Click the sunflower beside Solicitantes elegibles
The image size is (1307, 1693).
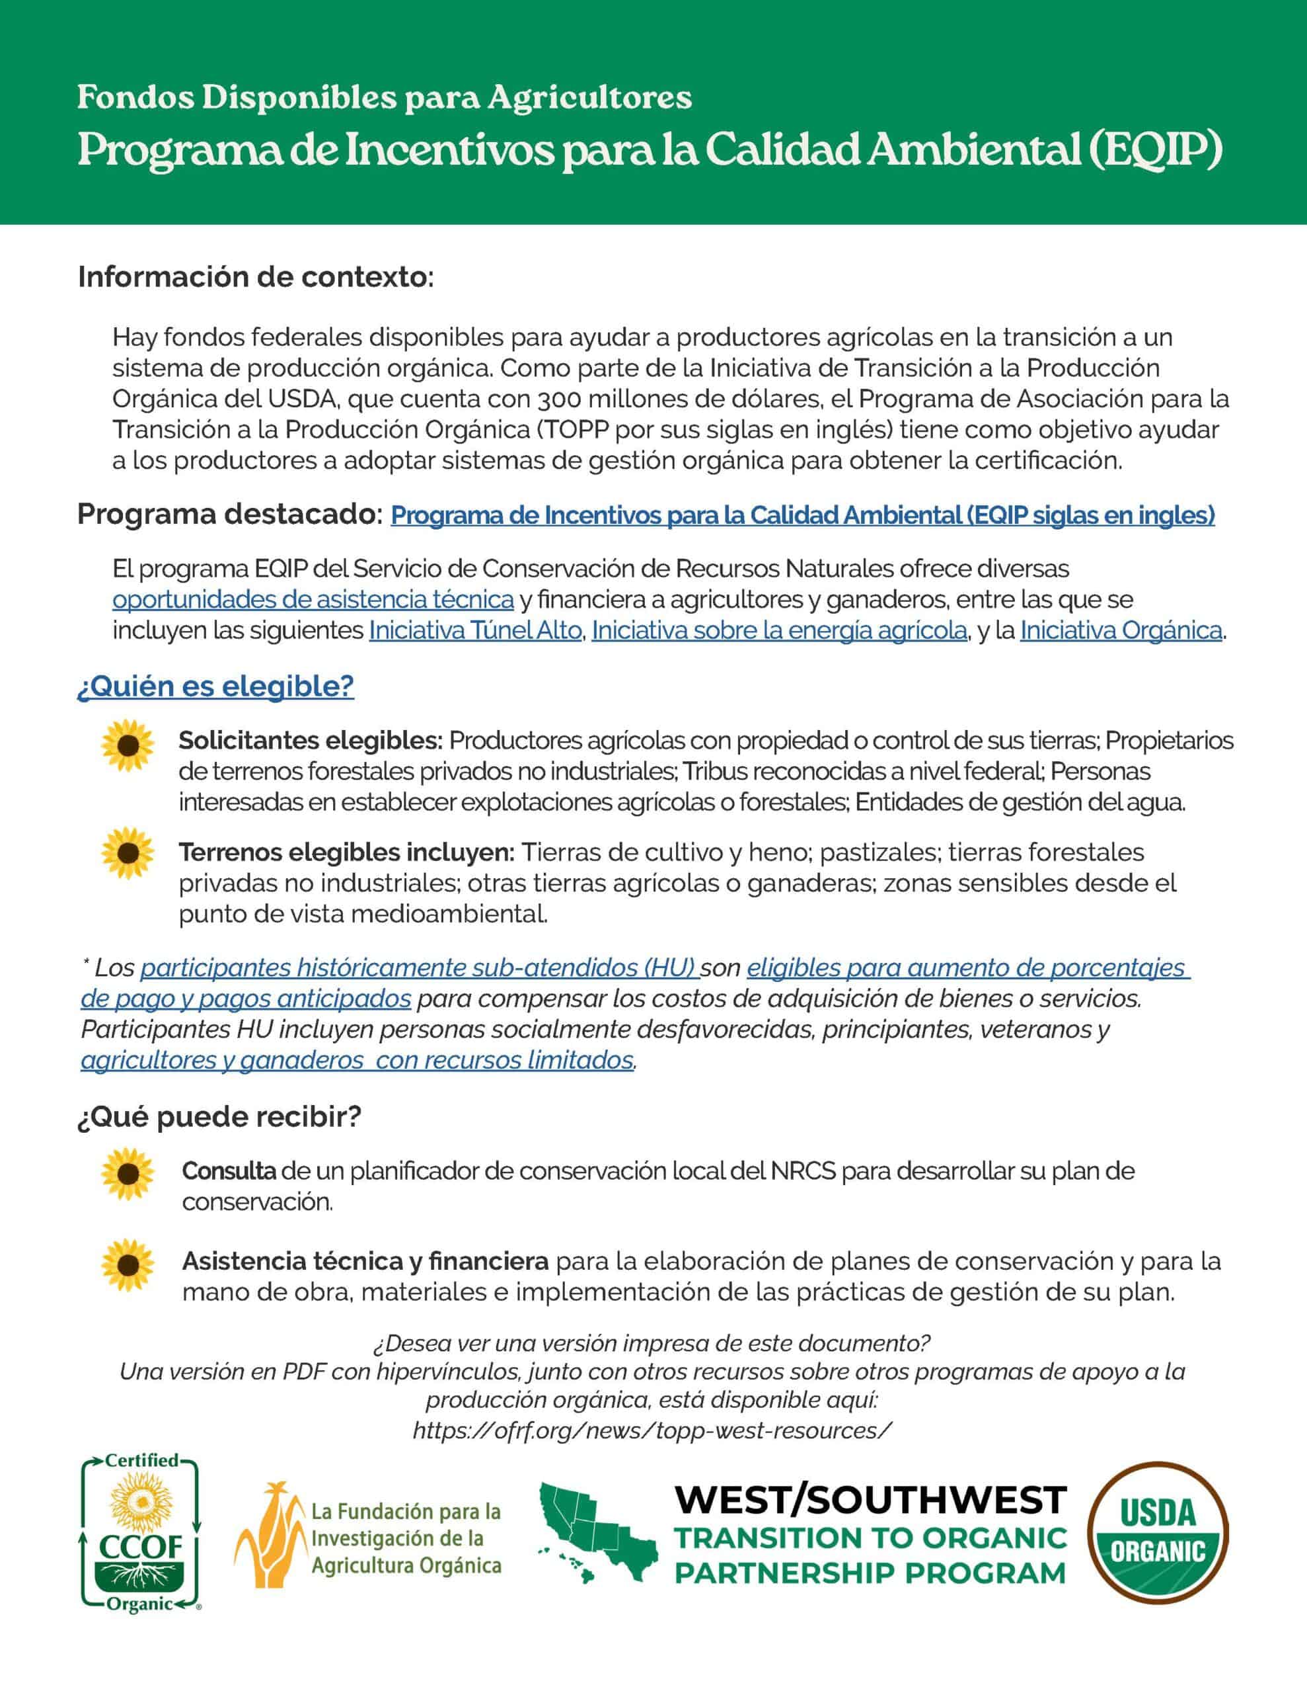(128, 745)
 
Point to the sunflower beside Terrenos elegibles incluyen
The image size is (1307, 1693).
(128, 852)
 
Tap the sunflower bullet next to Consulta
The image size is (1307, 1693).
(128, 1175)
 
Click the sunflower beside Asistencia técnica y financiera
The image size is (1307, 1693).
(128, 1264)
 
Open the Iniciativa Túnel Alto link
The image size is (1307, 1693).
(475, 631)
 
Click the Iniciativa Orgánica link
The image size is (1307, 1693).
(1120, 631)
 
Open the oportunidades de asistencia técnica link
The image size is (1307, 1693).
(313, 600)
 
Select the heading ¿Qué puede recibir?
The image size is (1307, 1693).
(219, 1117)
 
